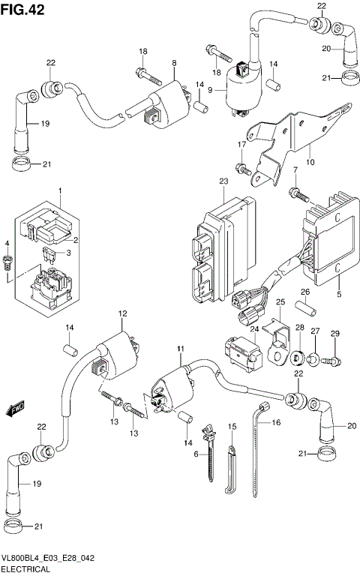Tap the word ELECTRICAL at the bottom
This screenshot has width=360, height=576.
click(25, 569)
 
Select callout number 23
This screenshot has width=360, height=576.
click(223, 181)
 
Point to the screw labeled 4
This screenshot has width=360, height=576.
click(9, 263)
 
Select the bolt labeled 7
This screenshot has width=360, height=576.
click(299, 195)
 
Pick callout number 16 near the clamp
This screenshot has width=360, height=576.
click(276, 423)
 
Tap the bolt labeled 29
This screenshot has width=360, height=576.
click(331, 362)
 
